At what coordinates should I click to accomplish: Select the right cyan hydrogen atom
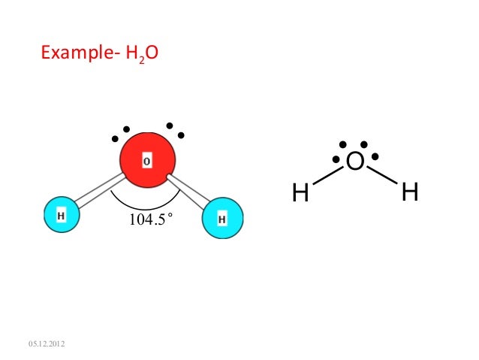pyautogui.click(x=223, y=219)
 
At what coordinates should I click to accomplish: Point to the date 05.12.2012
pyautogui.click(x=47, y=344)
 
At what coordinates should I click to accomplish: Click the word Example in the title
pyautogui.click(x=74, y=53)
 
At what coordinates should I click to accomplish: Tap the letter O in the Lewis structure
pyautogui.click(x=356, y=162)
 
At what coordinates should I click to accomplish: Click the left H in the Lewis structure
pyautogui.click(x=300, y=194)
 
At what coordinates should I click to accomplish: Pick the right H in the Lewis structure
pyautogui.click(x=410, y=193)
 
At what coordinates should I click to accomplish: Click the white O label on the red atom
pyautogui.click(x=147, y=162)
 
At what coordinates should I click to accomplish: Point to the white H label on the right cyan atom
pyautogui.click(x=222, y=219)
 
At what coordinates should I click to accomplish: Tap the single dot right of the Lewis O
pyautogui.click(x=375, y=157)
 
